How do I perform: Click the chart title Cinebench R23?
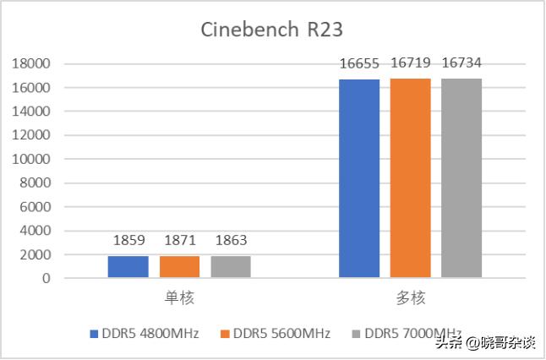pos(272,29)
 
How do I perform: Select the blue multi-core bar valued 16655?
pos(359,178)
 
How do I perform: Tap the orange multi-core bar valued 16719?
pos(410,178)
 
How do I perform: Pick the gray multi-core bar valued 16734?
pos(461,178)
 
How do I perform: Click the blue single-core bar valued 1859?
pos(128,266)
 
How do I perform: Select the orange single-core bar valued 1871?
pos(179,266)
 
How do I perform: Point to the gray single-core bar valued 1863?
pos(231,266)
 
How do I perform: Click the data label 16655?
pos(359,63)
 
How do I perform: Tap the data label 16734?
pos(461,63)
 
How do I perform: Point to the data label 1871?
pos(179,241)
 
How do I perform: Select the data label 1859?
pos(128,241)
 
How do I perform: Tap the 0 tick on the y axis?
pos(47,278)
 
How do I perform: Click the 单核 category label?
pos(179,297)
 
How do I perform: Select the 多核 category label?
pos(410,297)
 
